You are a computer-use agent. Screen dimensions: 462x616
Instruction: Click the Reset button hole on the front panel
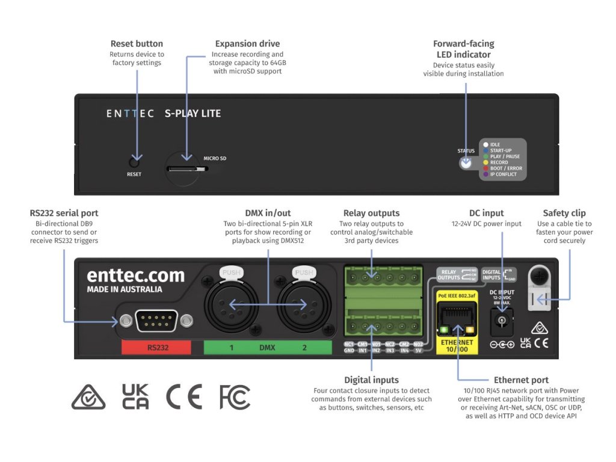[x=134, y=162]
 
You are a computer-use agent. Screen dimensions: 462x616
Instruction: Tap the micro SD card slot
[x=184, y=169]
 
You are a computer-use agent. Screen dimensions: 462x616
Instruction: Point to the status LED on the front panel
[x=466, y=162]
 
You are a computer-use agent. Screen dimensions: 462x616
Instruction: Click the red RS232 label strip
[x=156, y=348]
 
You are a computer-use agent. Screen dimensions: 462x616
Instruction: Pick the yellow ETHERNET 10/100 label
[x=457, y=346]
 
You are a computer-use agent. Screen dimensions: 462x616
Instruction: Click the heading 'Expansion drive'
[x=247, y=44]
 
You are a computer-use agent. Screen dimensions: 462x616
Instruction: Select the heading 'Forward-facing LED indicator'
[x=463, y=49]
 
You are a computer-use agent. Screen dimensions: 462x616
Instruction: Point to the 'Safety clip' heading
[x=564, y=213]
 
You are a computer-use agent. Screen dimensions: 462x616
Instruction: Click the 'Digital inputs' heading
[x=371, y=380]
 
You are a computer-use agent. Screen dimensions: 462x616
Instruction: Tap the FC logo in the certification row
[x=235, y=397]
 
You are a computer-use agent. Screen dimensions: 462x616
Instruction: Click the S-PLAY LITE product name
[x=192, y=113]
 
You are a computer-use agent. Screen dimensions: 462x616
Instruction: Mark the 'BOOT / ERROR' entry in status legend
[x=506, y=168]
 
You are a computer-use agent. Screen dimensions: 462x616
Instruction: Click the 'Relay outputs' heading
[x=371, y=213]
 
